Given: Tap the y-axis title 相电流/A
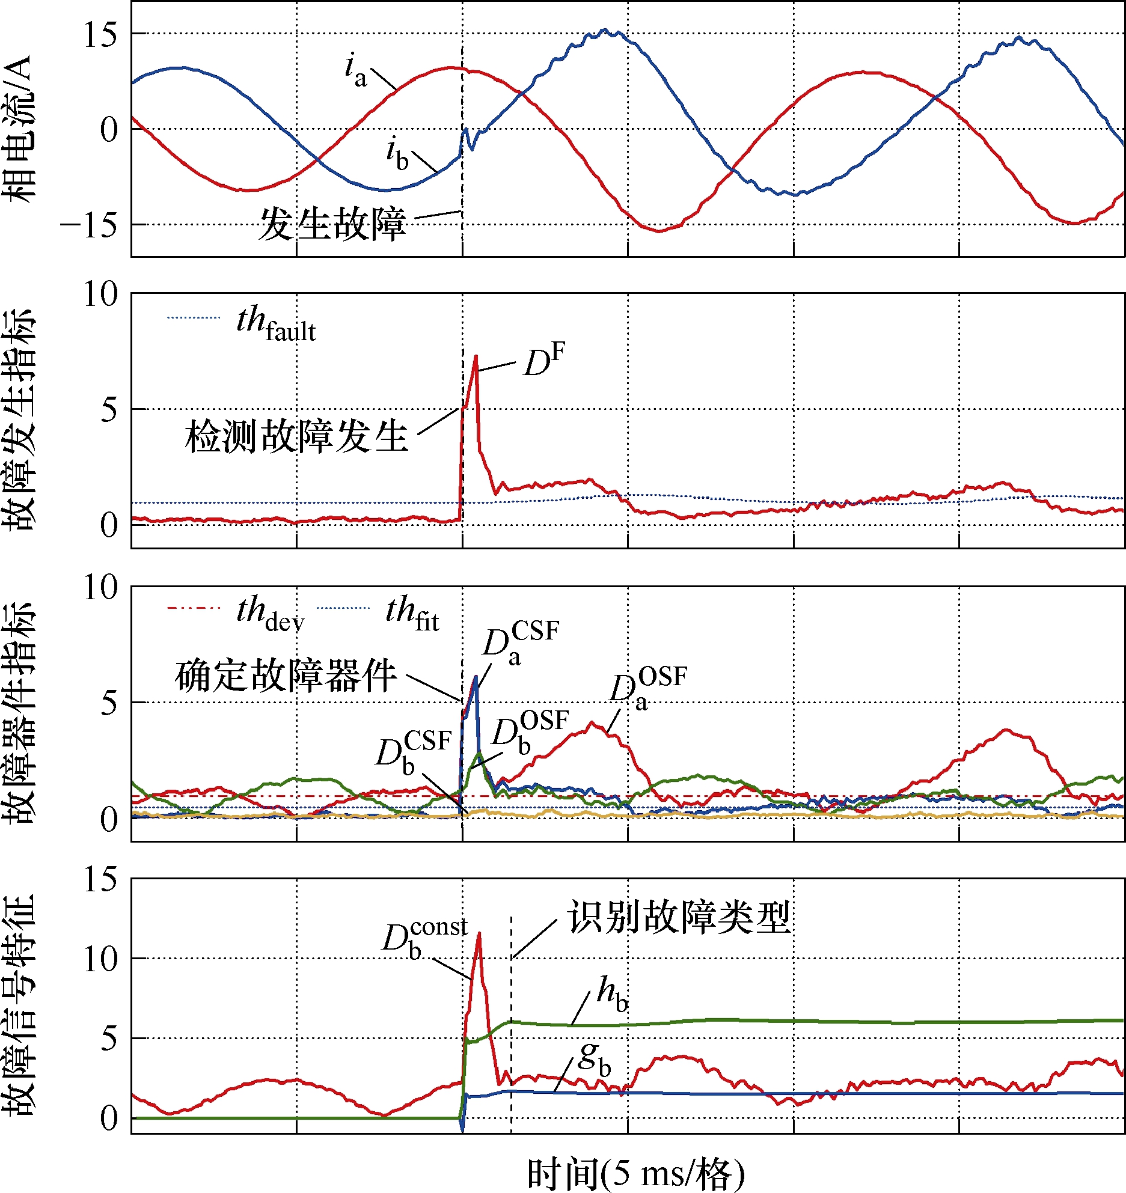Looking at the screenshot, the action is tap(19, 130).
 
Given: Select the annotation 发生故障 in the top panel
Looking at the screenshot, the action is tap(332, 224).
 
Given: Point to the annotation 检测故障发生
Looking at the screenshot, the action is tap(296, 435).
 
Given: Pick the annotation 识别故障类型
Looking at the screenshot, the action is tap(679, 917).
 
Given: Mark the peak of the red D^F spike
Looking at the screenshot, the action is tap(476, 356).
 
